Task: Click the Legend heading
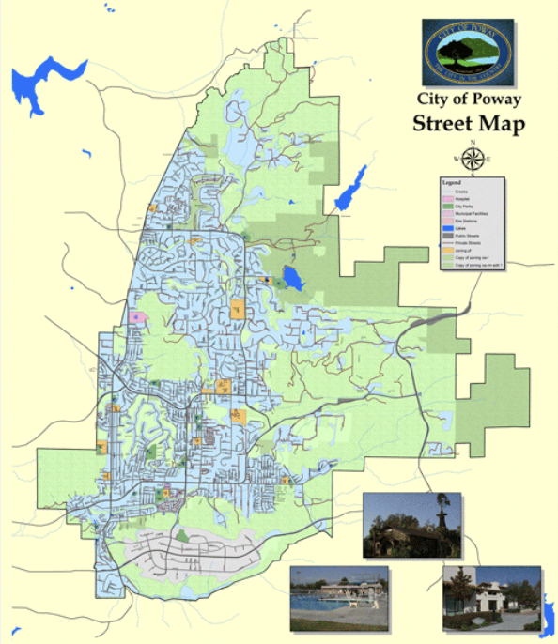pyautogui.click(x=453, y=182)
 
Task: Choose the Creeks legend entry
pyautogui.click(x=460, y=192)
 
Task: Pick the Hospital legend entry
pyautogui.click(x=460, y=199)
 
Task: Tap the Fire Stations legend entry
pyautogui.click(x=463, y=222)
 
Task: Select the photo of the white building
pyautogui.click(x=491, y=598)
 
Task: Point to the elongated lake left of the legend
pyautogui.click(x=349, y=190)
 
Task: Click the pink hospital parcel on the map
pyautogui.click(x=140, y=317)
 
